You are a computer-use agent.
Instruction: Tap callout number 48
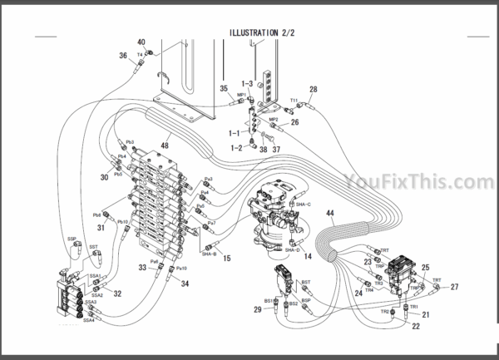(x=164, y=146)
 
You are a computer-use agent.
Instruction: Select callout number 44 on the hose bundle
(x=330, y=214)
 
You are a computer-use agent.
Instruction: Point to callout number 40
(x=141, y=42)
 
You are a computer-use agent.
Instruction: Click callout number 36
(x=122, y=56)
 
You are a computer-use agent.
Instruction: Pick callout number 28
(x=314, y=90)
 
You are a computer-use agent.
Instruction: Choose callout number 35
(x=223, y=88)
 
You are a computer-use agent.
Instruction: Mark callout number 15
(x=227, y=259)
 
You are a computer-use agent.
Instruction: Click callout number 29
(x=257, y=309)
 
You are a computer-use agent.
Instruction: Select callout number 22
(x=416, y=325)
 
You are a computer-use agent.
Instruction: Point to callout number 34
(x=185, y=284)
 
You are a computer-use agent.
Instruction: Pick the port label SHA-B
(x=209, y=254)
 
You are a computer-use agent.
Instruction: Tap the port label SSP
(x=72, y=238)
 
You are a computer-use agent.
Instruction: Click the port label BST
(x=305, y=283)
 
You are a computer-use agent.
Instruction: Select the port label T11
(x=293, y=101)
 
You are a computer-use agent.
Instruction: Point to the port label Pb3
(x=130, y=142)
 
